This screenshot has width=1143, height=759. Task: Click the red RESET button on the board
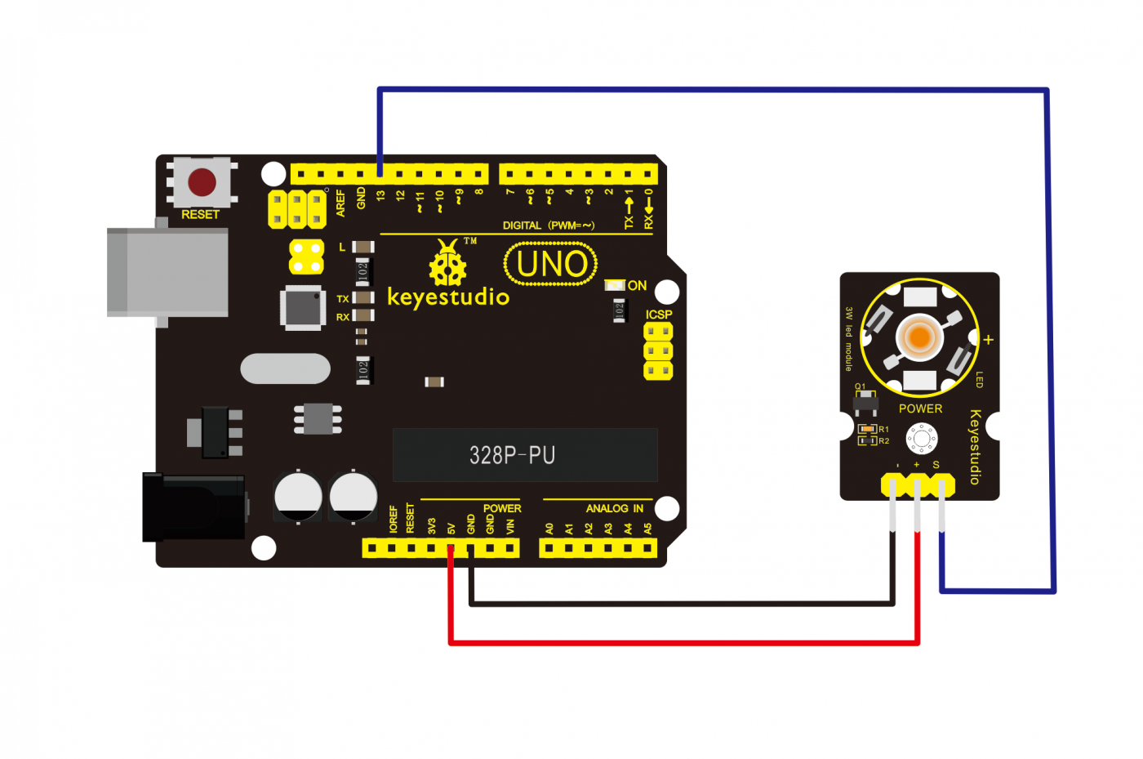tap(202, 182)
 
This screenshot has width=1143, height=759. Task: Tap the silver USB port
tap(167, 272)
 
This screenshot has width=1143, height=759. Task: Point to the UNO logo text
tap(551, 264)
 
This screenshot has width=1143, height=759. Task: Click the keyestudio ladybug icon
tap(447, 263)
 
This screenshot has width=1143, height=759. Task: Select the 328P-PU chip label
tap(512, 455)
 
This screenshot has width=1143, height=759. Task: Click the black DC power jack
tap(193, 507)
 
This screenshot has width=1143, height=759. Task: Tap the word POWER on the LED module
tap(920, 409)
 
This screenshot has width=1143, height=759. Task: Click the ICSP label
tap(659, 315)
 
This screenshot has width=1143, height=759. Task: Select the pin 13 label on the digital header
tap(380, 197)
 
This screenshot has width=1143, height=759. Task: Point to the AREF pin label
tap(340, 203)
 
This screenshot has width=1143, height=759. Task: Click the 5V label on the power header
tap(451, 529)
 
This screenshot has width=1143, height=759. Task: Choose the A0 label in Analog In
tap(549, 529)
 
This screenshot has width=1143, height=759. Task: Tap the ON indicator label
tap(637, 285)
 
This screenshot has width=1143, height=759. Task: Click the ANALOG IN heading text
tap(614, 508)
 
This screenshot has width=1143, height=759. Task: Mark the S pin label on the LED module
tap(936, 465)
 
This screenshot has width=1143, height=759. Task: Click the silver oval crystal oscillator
tap(285, 368)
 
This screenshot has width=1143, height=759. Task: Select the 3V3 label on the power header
tap(431, 526)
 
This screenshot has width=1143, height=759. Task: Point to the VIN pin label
tap(510, 527)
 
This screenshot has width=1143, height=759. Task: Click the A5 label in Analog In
tap(648, 529)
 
